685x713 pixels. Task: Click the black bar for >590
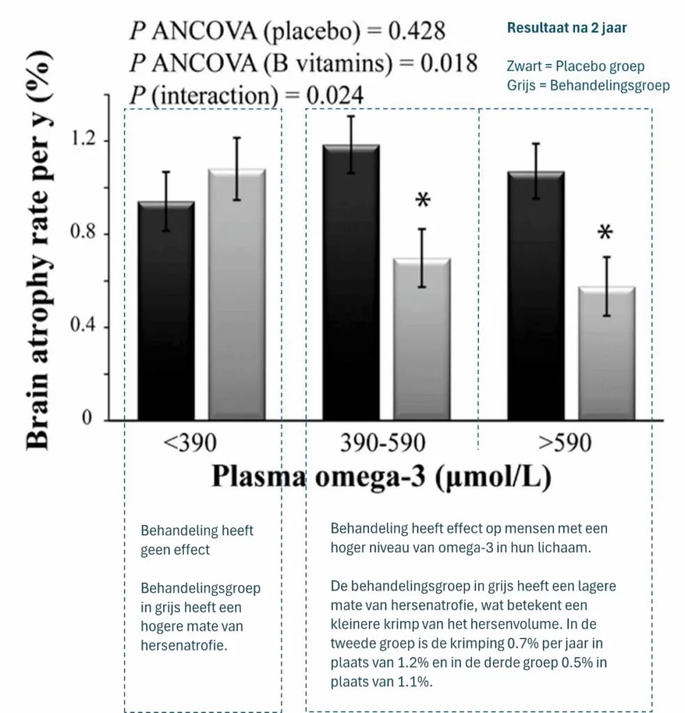point(535,295)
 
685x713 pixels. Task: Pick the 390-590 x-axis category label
point(382,442)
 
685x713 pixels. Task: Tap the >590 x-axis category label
point(565,442)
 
